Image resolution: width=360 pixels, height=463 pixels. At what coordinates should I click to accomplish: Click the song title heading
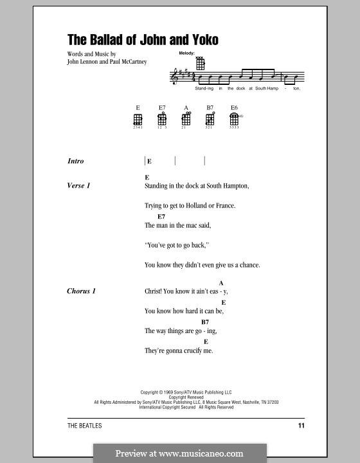tap(143, 40)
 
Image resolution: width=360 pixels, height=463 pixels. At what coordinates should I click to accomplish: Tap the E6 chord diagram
tap(235, 119)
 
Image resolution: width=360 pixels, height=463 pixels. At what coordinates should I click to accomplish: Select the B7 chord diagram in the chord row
tap(210, 119)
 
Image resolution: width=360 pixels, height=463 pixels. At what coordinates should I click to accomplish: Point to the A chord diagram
tap(186, 119)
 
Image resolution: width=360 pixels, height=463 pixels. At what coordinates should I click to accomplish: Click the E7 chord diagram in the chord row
tap(161, 119)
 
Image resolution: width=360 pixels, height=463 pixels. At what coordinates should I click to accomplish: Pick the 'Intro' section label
tap(76, 161)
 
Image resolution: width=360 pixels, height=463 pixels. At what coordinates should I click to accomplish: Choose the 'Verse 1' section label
tap(78, 186)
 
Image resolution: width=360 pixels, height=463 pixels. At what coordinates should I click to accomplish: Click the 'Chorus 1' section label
tap(81, 291)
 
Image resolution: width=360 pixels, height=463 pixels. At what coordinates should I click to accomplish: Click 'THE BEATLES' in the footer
tap(84, 426)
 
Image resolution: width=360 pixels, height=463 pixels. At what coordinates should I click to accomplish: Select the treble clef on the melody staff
tap(175, 77)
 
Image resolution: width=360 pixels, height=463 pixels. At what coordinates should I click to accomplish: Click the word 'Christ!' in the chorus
tap(155, 291)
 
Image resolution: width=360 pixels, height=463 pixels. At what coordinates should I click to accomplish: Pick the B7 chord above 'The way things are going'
tap(205, 322)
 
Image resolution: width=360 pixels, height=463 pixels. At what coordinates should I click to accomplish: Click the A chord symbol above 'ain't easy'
tap(221, 283)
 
